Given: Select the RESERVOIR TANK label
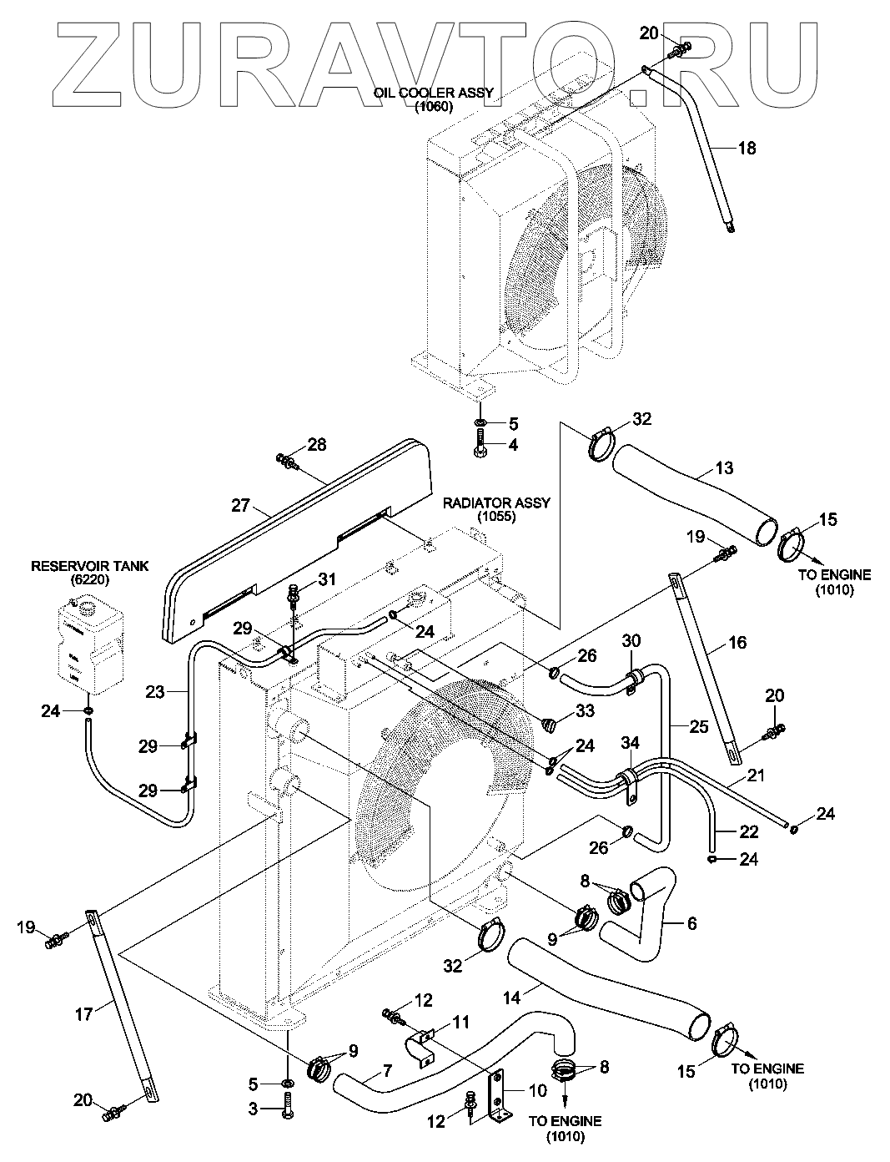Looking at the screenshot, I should tap(89, 567).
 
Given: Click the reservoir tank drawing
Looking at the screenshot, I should tap(89, 644).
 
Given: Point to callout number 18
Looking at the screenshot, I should tap(747, 148).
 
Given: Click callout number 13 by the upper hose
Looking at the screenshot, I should tap(724, 468).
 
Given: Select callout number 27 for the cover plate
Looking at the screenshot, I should tap(240, 505).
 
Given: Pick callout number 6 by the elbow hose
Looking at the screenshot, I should tap(691, 923).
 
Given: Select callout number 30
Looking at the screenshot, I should tap(631, 640).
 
